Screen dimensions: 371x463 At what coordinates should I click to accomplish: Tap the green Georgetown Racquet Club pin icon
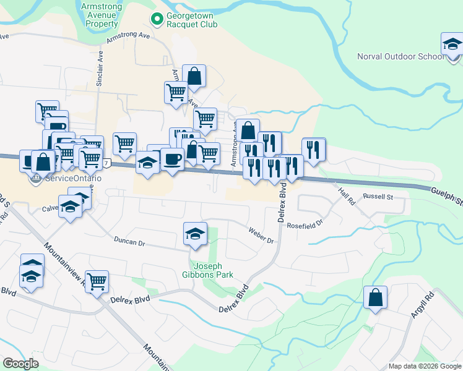157,19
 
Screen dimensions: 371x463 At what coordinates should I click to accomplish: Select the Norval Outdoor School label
400,57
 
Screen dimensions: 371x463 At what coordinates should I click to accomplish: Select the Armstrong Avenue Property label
102,15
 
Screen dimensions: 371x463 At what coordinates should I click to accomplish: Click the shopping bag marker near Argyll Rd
376,298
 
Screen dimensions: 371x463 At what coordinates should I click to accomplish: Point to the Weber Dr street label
261,235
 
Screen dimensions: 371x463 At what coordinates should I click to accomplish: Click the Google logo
20,363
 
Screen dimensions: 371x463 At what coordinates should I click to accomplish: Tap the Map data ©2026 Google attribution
425,366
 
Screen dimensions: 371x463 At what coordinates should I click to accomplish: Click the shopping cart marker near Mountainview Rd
97,283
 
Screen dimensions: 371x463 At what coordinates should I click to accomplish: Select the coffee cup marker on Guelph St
171,159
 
